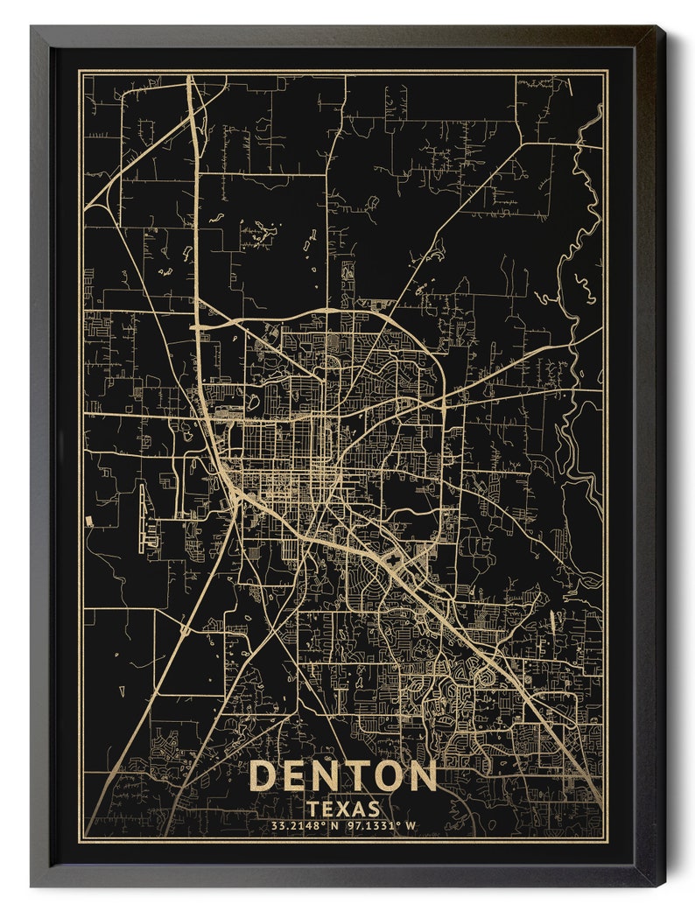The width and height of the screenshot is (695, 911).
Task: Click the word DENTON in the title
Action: pyautogui.click(x=343, y=776)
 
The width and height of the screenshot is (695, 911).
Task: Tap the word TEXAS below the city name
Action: pyautogui.click(x=343, y=809)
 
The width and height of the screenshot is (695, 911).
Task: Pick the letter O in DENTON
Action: pyautogui.click(x=389, y=776)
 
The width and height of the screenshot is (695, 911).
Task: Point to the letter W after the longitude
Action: pyautogui.click(x=411, y=825)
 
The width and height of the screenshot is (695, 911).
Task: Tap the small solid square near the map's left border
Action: pyautogui.click(x=89, y=521)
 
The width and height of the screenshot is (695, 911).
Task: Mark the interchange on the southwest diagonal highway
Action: pyautogui.click(x=185, y=629)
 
